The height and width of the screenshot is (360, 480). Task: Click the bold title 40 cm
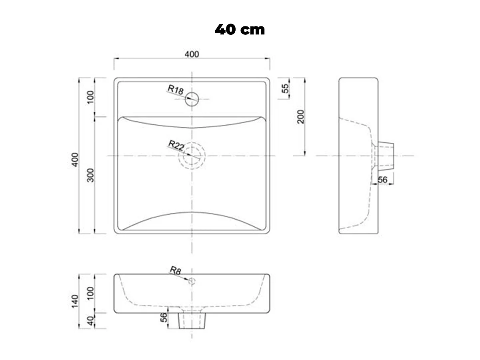point(240,30)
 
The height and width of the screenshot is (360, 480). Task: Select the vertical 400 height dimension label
point(75,160)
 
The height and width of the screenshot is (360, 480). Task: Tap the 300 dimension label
point(90,175)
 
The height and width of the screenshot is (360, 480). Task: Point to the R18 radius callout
point(176,90)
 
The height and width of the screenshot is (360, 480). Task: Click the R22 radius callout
point(176,145)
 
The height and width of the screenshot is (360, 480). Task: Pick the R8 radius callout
point(175,270)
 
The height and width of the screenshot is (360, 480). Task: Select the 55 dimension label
point(285,88)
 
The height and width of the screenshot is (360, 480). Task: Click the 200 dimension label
point(301,117)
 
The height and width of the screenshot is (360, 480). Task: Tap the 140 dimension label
point(75,302)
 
